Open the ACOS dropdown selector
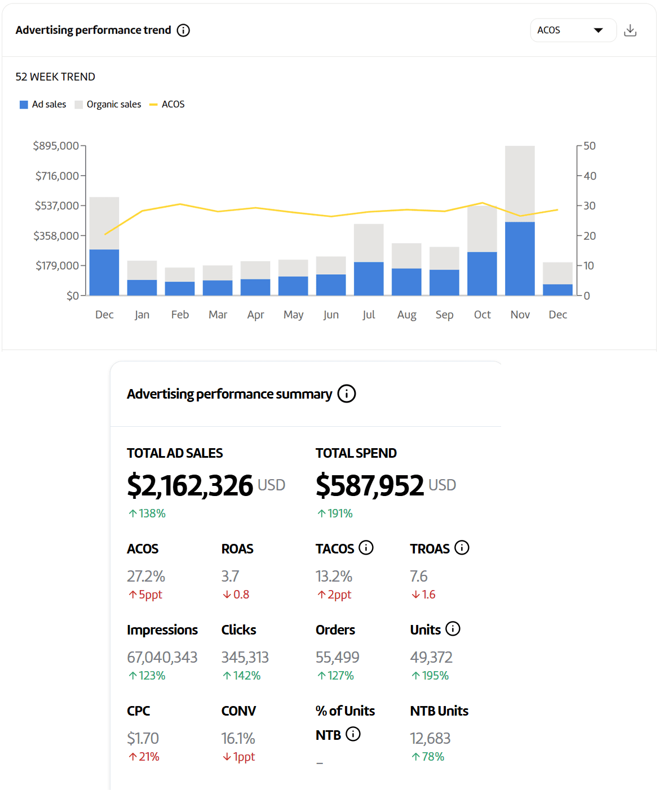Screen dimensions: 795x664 572,30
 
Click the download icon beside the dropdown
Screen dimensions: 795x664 630,30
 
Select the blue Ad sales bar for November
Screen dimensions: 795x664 520,258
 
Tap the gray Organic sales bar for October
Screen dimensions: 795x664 482,229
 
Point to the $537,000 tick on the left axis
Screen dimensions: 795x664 57,206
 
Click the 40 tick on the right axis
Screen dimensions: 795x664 590,176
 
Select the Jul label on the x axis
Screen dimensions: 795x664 369,315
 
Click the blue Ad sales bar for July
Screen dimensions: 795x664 369,278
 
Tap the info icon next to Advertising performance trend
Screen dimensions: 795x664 183,30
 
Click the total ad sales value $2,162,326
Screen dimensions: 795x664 190,485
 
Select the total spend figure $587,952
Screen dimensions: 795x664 370,485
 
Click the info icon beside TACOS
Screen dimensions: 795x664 366,548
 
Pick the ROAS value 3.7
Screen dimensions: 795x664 230,577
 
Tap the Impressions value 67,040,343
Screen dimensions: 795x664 162,658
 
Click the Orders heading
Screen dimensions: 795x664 335,630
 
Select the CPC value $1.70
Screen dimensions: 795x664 143,738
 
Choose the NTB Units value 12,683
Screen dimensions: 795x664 430,738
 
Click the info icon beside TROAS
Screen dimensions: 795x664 462,548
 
